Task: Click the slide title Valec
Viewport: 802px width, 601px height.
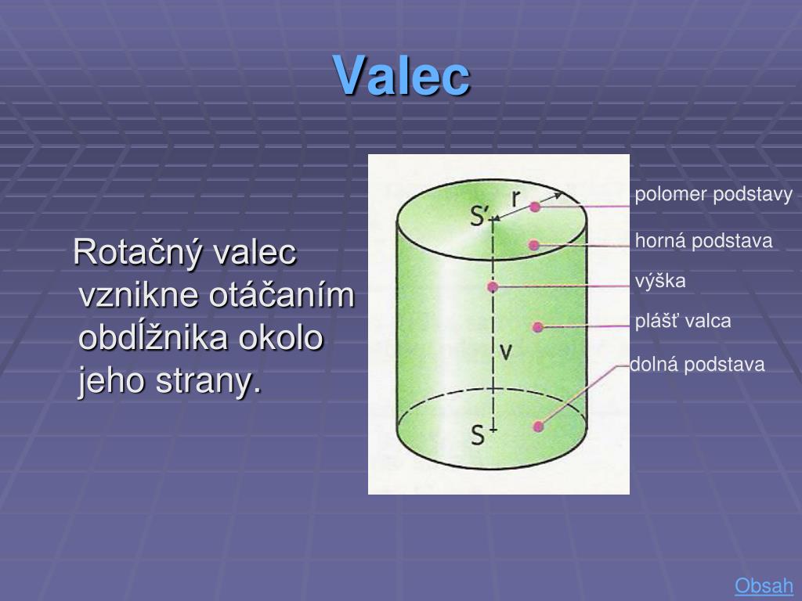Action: tap(402, 75)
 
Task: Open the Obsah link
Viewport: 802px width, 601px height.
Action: tap(764, 585)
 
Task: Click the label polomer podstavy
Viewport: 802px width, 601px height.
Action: tap(713, 195)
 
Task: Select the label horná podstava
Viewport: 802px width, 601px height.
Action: tap(703, 241)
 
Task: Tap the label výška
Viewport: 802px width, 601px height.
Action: tap(660, 281)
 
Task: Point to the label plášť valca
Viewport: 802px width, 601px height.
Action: tap(683, 321)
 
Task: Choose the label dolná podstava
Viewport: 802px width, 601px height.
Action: tap(698, 365)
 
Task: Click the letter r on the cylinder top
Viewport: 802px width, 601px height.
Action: tap(516, 200)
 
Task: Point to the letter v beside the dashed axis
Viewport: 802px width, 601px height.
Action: tap(506, 353)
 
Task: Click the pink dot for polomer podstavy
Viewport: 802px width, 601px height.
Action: tap(535, 207)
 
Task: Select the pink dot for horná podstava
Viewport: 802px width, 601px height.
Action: tap(534, 245)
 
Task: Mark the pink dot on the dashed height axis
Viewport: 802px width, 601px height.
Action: tap(493, 287)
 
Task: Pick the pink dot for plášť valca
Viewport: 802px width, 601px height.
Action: tap(537, 327)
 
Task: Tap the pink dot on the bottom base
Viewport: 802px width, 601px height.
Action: tap(538, 426)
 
